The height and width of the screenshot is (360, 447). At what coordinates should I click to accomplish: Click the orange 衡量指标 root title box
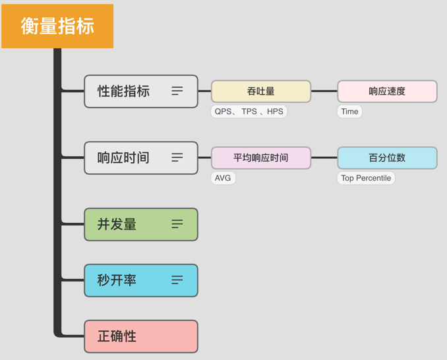click(57, 26)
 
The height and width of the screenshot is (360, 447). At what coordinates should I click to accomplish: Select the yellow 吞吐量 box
click(261, 91)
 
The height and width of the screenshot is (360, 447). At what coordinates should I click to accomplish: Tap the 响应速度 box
click(387, 91)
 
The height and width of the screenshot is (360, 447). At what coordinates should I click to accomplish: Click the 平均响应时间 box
click(261, 158)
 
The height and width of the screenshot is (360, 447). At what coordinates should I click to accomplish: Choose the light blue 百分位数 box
click(387, 158)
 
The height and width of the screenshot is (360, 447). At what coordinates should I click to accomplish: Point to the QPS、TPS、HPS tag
click(249, 111)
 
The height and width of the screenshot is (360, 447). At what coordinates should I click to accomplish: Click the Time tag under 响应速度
click(349, 111)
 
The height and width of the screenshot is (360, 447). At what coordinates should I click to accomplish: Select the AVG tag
click(223, 178)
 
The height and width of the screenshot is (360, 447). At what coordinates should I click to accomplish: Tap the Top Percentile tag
click(366, 178)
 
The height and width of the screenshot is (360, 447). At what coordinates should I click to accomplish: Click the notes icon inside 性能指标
click(177, 91)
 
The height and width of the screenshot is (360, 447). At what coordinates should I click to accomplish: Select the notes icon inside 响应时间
click(177, 158)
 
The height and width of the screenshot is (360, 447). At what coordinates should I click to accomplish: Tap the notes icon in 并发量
click(177, 224)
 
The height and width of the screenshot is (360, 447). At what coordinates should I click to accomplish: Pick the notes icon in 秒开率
click(177, 280)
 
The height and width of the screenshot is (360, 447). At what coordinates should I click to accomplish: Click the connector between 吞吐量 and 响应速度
click(324, 91)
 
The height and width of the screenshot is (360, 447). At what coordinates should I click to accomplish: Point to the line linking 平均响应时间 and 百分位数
click(324, 158)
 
